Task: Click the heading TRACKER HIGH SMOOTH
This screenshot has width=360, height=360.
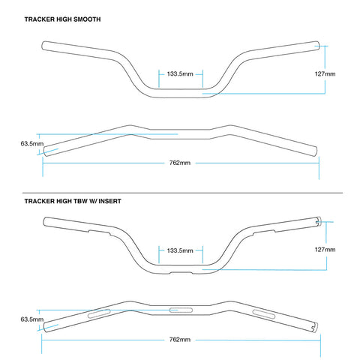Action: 62,19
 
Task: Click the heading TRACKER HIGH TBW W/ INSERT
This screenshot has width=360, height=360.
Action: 73,201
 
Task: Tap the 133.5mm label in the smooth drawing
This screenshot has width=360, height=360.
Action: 180,74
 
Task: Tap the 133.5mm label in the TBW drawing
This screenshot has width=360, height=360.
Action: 180,250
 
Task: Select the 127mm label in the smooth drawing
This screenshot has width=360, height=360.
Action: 325,74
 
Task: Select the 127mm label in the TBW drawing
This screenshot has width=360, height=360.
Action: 325,250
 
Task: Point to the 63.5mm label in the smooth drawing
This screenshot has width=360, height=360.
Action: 32,144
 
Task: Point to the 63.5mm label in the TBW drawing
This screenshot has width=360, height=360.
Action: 32,319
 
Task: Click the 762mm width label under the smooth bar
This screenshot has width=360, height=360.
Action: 180,163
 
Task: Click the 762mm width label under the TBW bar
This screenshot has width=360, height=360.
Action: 180,340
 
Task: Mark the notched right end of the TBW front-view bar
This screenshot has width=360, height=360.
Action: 318,221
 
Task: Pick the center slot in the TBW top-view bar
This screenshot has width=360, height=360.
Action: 181,310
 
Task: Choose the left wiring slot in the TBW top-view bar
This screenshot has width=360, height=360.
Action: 99,313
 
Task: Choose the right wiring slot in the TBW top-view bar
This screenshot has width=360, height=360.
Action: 264,314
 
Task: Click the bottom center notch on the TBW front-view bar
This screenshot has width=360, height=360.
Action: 181,272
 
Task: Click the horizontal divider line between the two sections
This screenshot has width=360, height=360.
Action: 182,193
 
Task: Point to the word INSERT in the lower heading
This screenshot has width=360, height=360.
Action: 109,201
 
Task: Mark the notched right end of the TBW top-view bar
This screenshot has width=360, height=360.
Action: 314,327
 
